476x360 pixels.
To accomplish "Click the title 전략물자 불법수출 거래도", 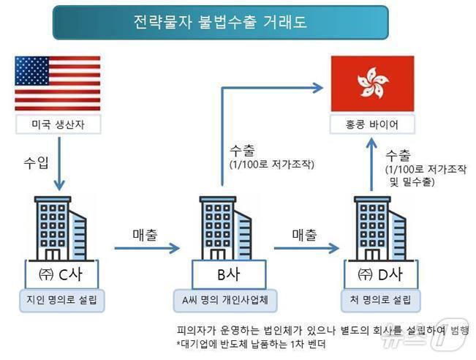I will click(220, 21).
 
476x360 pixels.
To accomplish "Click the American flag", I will click(57, 80).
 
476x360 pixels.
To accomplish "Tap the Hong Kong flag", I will click(371, 81).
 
